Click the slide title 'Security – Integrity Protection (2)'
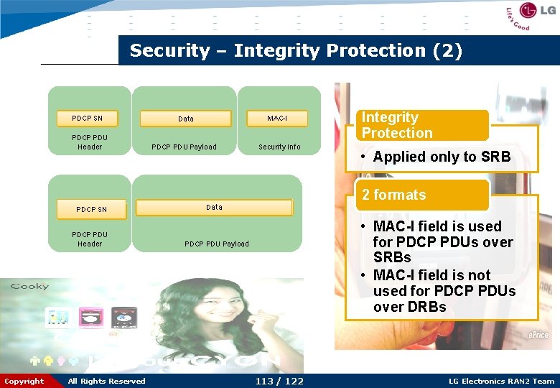point(296,51)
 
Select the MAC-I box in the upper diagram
point(277,118)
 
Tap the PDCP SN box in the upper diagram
point(87,118)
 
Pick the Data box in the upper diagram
point(185,119)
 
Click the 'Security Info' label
point(279,147)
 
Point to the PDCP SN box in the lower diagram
point(91,209)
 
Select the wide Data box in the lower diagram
point(214,208)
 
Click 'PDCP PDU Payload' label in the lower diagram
point(217,244)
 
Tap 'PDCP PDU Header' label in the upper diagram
point(90,142)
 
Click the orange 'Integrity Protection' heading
point(422,125)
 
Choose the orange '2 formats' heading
point(422,195)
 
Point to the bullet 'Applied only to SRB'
point(442,157)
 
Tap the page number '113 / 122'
point(279,381)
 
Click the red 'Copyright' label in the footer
point(24,381)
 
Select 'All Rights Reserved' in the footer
point(106,381)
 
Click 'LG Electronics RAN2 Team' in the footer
point(501,381)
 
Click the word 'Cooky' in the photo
point(29,287)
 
